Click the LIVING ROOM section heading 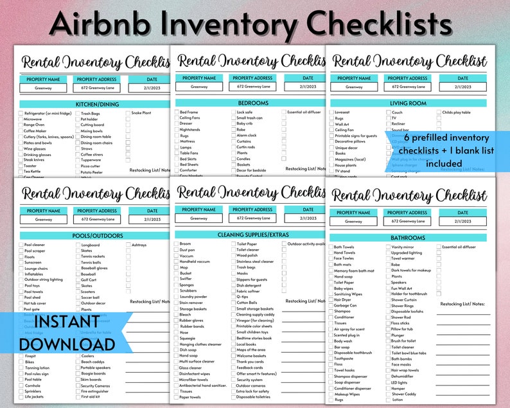[x=408, y=103]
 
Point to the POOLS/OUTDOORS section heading [x=88, y=236]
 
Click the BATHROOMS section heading [x=408, y=238]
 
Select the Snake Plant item [x=141, y=113]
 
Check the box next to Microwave [x=21, y=119]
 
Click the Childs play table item [x=457, y=112]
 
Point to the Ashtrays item [x=140, y=245]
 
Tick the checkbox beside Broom [x=177, y=244]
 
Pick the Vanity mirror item [x=402, y=247]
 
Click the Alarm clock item [x=247, y=136]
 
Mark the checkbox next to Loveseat [x=332, y=112]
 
